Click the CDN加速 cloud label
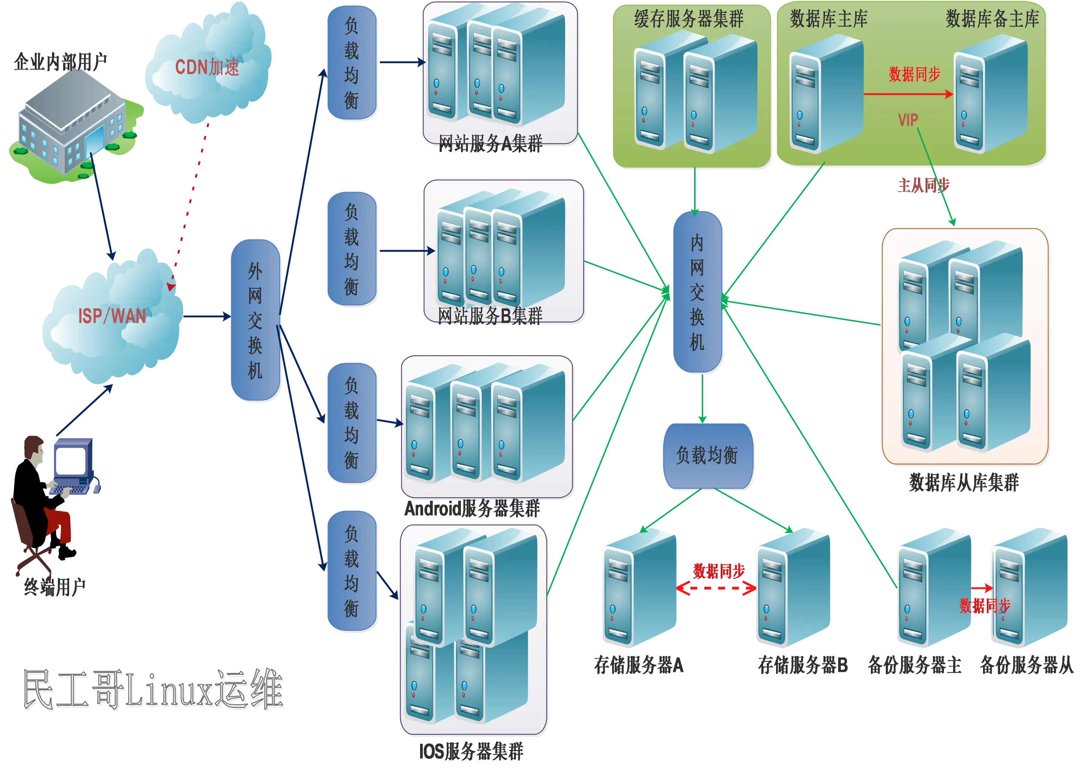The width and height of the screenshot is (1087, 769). click(207, 67)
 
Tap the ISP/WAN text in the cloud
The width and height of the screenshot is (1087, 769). click(112, 316)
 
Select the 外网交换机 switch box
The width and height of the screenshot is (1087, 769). click(255, 320)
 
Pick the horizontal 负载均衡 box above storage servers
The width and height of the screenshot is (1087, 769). click(707, 456)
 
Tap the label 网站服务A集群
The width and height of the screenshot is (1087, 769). click(490, 143)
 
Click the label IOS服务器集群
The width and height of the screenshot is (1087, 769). click(471, 751)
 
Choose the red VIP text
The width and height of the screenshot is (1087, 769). click(908, 120)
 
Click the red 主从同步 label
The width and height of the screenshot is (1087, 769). click(924, 185)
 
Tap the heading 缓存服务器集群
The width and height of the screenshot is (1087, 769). click(689, 19)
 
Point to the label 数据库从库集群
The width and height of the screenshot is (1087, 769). click(964, 482)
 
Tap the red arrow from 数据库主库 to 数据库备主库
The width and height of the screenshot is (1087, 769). click(908, 94)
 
